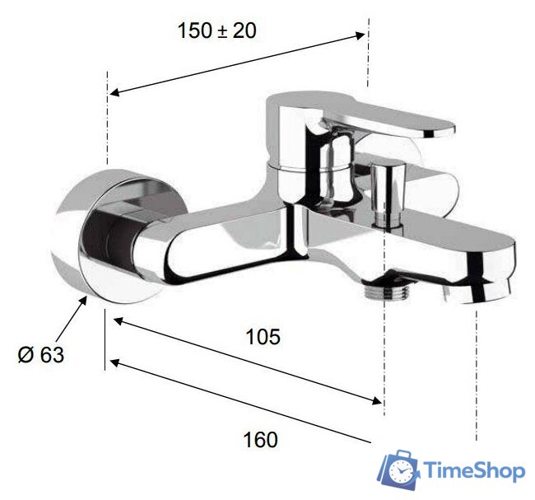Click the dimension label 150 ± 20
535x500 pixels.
coord(217,31)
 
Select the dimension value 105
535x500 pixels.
coord(263,337)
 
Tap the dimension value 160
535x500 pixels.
coord(261,439)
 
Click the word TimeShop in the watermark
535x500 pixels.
coord(475,470)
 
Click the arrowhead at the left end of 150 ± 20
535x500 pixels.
coord(114,92)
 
